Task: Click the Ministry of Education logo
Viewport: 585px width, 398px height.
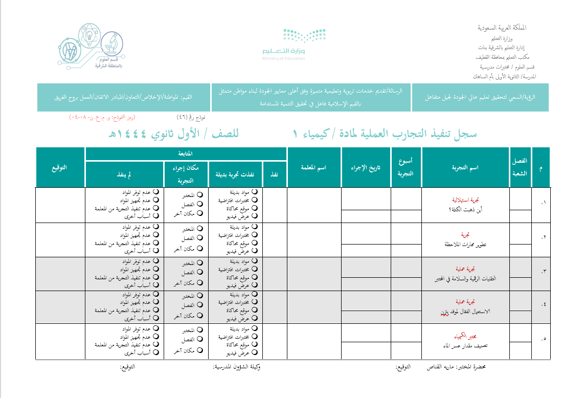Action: (x=294, y=45)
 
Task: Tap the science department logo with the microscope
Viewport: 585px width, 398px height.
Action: (x=91, y=46)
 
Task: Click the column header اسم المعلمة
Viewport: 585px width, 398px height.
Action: (x=314, y=168)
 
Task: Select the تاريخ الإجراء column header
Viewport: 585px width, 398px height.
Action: (x=366, y=168)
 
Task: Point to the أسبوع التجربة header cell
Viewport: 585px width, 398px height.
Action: (x=406, y=167)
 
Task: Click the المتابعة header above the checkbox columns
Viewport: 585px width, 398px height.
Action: (x=185, y=153)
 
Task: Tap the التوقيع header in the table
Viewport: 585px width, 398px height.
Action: (x=59, y=167)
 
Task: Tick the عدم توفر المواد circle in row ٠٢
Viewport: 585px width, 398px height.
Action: (x=155, y=227)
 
